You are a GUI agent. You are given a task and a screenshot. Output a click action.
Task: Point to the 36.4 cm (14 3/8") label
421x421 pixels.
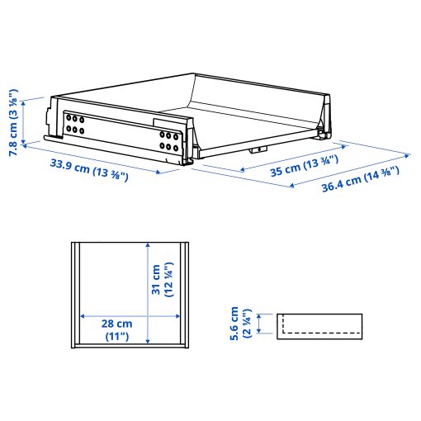coord(361,181)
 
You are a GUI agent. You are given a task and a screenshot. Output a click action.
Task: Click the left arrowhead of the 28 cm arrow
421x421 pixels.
coord(81,315)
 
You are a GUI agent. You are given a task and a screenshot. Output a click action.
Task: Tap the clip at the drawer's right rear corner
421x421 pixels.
coord(323,130)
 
